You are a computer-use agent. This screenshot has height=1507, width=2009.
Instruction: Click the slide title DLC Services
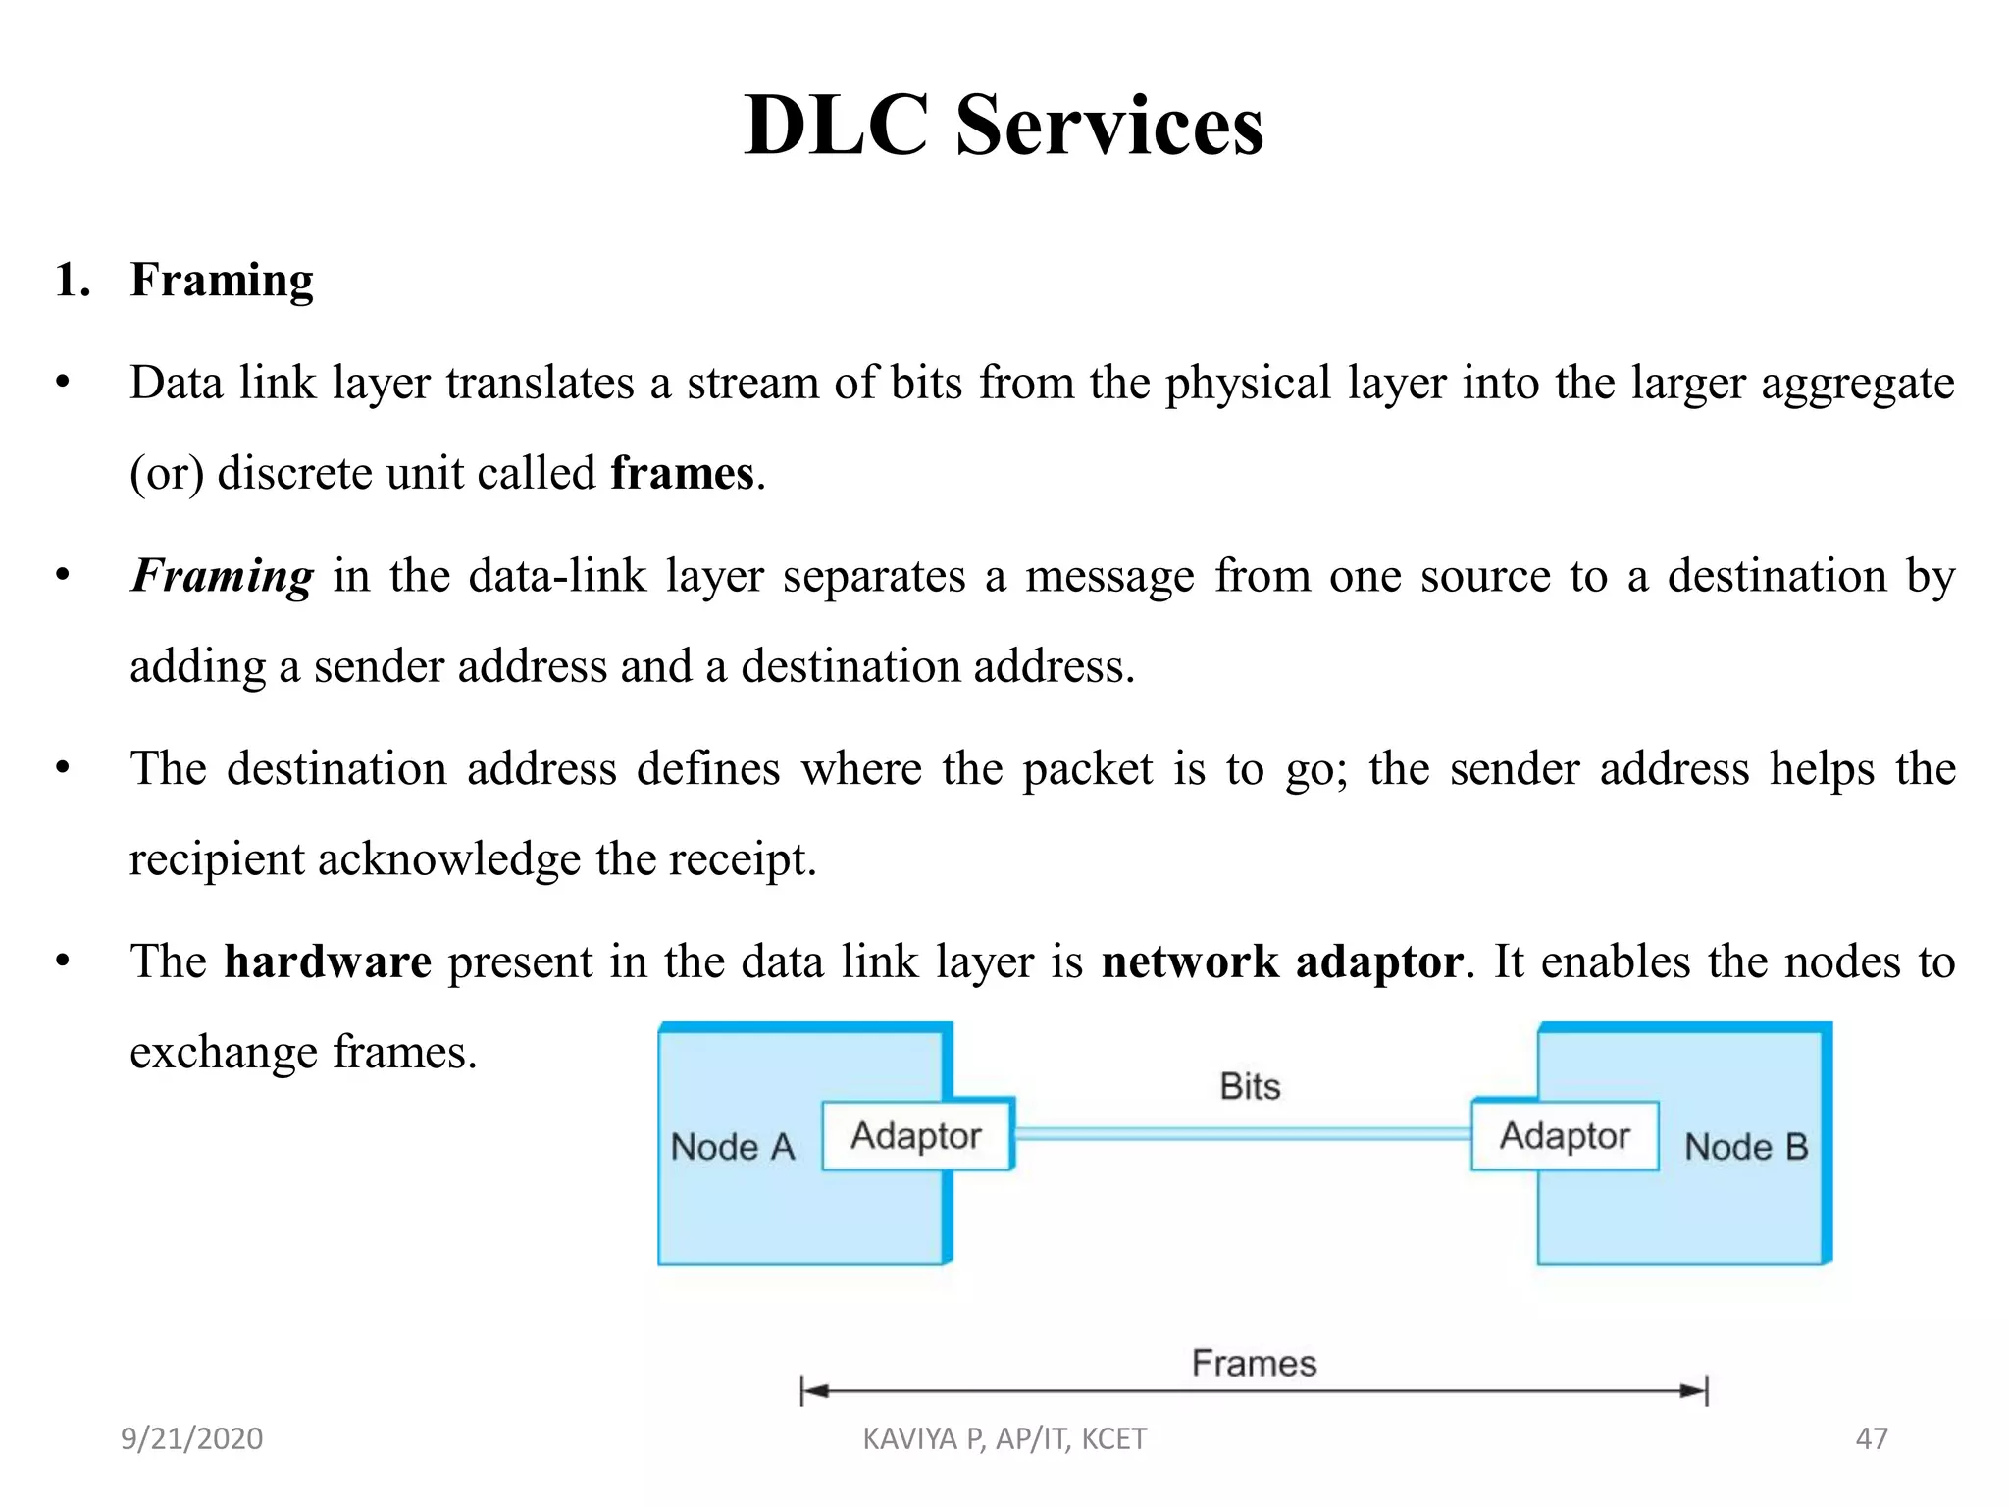point(1004,125)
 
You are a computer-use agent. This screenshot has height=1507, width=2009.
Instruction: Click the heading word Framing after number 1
point(222,281)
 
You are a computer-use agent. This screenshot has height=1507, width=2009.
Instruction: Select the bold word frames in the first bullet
point(682,473)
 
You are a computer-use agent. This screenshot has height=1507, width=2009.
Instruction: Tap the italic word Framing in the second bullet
point(223,576)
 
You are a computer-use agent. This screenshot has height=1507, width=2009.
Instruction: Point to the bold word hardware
point(328,961)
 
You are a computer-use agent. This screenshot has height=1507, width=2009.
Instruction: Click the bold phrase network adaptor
point(1282,961)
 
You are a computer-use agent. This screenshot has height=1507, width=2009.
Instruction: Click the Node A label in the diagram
point(732,1146)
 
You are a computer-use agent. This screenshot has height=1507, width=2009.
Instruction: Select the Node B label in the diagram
point(1746,1146)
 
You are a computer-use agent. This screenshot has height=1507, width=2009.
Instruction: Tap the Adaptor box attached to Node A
point(916,1135)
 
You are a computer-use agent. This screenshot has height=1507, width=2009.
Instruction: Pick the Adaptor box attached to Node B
point(1565,1135)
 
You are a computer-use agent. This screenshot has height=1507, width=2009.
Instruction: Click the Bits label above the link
point(1250,1086)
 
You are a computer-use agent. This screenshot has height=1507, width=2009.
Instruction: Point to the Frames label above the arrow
point(1254,1363)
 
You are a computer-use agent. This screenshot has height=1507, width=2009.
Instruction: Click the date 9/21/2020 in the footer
point(191,1438)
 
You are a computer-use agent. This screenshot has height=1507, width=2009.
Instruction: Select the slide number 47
point(1872,1438)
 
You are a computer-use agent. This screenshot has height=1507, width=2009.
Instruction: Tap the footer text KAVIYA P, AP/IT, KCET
point(1004,1438)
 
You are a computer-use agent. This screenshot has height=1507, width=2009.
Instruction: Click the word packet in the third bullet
point(1087,768)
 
